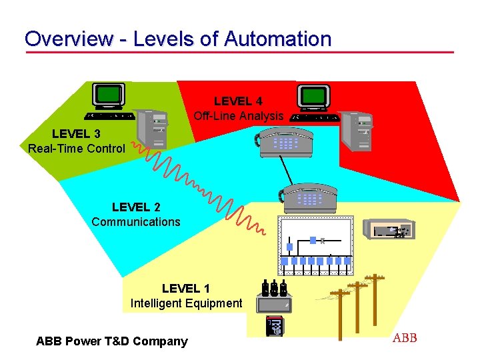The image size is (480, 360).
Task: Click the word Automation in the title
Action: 278,39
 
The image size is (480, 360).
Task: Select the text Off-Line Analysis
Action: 238,116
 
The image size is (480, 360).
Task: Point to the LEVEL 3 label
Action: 76,133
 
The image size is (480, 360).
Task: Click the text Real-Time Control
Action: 76,148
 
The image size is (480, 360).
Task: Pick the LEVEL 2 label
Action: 136,207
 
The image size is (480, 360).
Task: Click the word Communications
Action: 136,222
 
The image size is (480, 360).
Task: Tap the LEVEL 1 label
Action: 186,289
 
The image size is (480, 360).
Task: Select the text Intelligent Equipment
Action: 186,303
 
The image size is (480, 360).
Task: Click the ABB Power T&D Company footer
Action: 112,341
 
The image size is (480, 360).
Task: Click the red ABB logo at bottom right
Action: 405,338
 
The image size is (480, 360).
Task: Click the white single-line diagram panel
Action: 315,246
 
